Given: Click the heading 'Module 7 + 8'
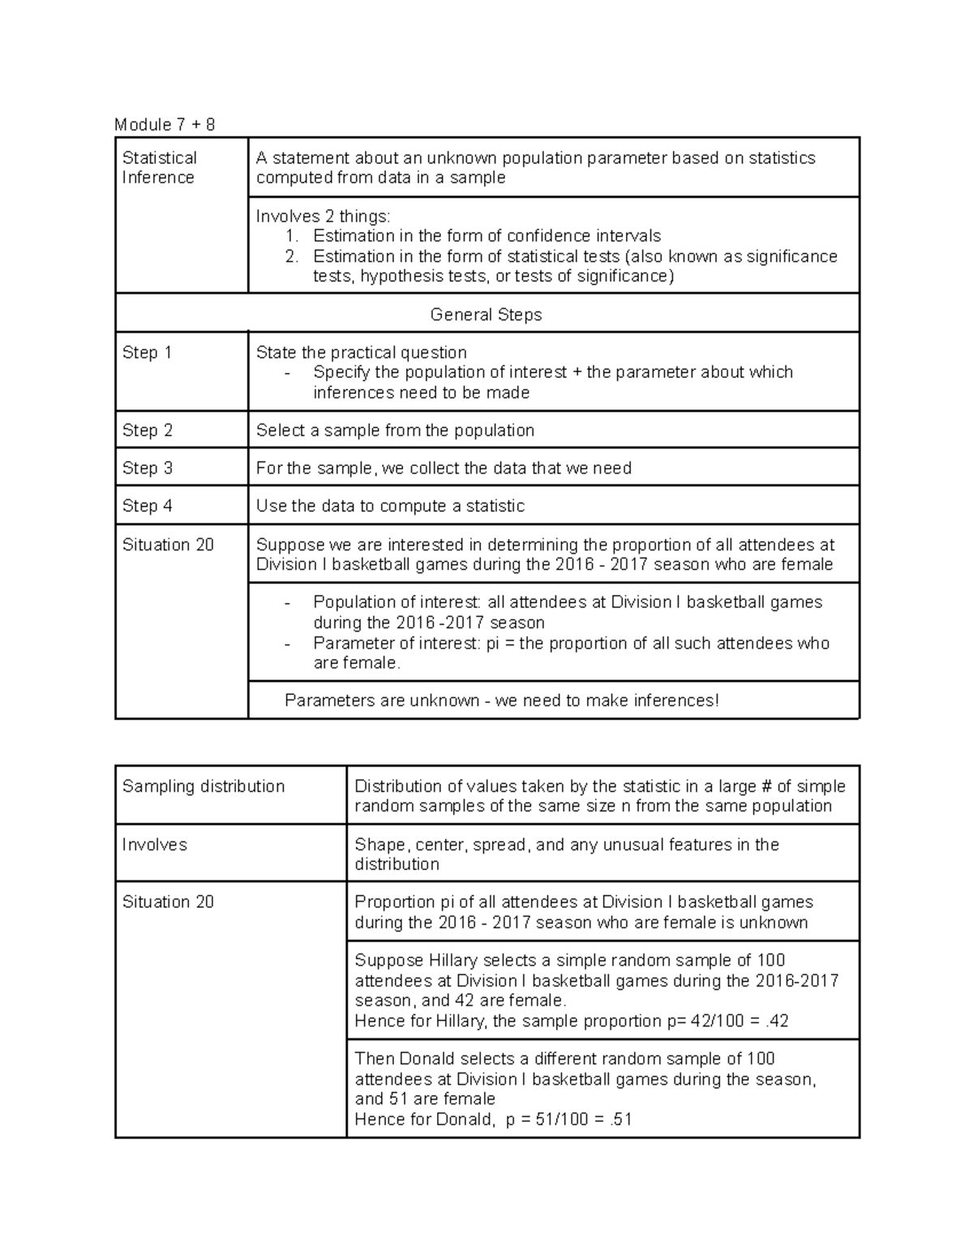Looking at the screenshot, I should [x=165, y=124].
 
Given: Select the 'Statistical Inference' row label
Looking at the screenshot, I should [x=159, y=168].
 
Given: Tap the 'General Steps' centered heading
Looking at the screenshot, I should [x=486, y=315].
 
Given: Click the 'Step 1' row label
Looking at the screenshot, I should [x=147, y=353].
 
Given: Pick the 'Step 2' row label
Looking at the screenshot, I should [x=147, y=430].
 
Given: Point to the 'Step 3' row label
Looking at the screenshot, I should [x=147, y=469].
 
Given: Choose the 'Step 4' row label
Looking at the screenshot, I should [x=147, y=506].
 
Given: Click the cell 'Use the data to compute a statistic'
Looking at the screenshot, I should [x=390, y=506].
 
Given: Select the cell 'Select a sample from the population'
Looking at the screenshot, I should [x=395, y=430].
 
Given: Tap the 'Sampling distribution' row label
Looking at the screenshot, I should [x=203, y=786].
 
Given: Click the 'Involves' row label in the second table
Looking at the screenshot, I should [x=154, y=845].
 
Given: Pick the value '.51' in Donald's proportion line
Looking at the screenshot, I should [x=618, y=1120].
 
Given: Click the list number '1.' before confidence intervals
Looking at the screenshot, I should [x=292, y=236].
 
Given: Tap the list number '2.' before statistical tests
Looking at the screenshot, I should [x=292, y=256].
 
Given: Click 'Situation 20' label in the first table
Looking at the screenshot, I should [x=168, y=545].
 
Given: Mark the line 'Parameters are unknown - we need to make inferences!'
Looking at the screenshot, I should [x=502, y=700].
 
